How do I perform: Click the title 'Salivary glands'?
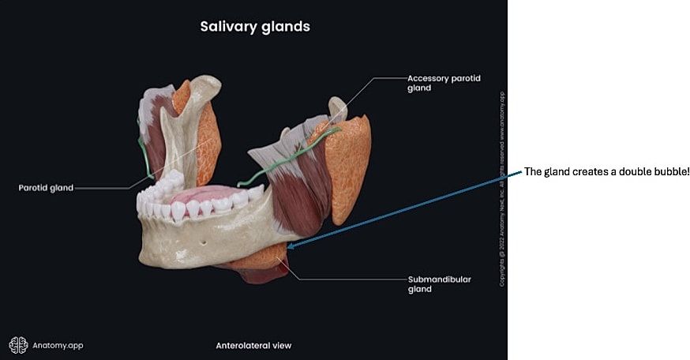pos(253,27)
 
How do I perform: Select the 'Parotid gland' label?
pos(47,188)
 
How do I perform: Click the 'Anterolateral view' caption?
pos(253,346)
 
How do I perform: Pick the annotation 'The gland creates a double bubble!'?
pos(606,173)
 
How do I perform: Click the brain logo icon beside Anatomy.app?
pos(18,345)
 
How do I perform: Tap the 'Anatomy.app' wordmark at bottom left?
pos(58,345)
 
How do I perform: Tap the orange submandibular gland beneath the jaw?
pos(261,258)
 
